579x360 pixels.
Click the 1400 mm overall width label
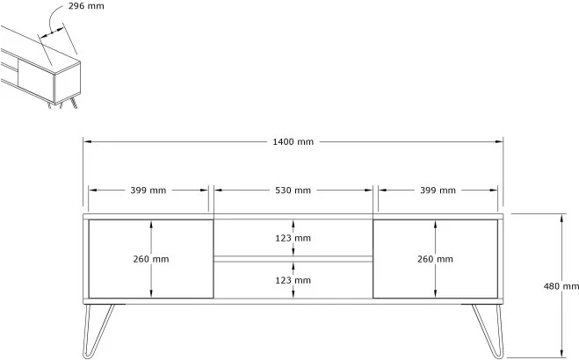(293, 142)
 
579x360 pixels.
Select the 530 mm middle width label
(293, 190)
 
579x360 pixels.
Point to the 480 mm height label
(561, 286)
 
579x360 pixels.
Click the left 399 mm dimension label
(148, 190)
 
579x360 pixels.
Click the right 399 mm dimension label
(438, 190)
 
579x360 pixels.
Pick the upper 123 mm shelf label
(293, 238)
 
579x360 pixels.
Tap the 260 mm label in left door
(151, 259)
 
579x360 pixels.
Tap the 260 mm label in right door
(437, 259)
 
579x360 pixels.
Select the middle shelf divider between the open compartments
(293, 258)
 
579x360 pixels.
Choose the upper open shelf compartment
(255, 238)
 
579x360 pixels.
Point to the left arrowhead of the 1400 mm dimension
(87, 142)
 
